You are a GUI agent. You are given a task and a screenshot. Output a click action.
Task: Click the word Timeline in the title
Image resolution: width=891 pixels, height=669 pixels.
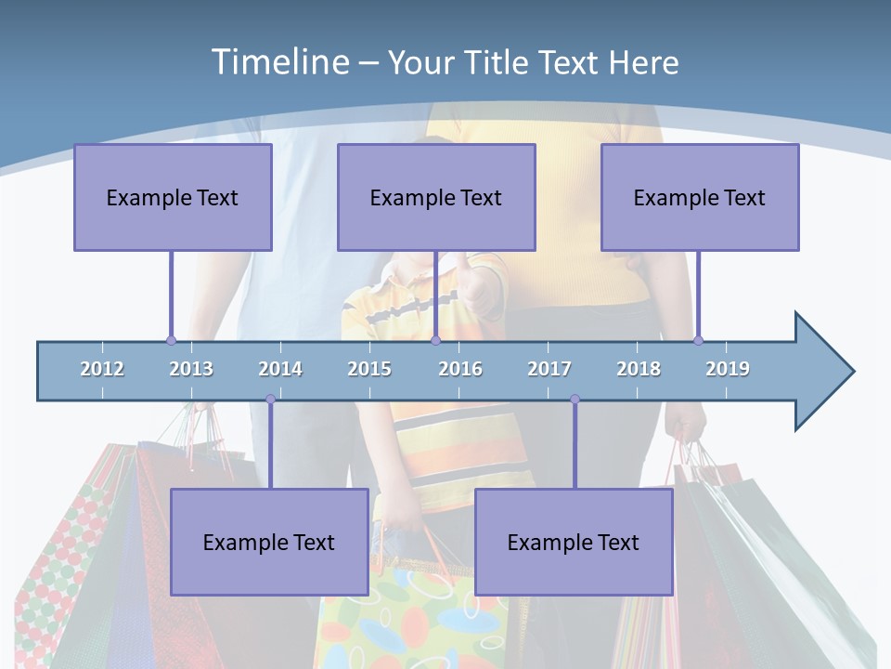278,62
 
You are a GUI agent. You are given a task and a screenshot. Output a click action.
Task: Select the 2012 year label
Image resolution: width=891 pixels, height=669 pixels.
102,369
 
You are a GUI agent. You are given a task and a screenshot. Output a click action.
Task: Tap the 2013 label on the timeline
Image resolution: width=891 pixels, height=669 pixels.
191,369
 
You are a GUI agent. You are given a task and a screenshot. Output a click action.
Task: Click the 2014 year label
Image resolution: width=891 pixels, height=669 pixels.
280,369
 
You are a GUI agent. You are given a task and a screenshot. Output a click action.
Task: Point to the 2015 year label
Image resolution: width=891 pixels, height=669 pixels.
369,369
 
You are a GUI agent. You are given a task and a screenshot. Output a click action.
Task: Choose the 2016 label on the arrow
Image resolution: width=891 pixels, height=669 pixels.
460,369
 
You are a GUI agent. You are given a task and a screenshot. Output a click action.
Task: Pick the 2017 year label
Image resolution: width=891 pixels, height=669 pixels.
549,369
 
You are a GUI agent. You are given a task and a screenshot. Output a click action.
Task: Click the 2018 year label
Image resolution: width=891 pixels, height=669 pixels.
639,369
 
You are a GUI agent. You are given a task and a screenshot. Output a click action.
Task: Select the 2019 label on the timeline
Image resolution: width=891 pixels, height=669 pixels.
728,369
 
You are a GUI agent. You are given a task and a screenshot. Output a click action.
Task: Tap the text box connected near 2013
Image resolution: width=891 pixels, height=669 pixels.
173,197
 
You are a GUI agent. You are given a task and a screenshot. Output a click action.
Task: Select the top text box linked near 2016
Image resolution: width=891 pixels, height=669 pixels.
436,197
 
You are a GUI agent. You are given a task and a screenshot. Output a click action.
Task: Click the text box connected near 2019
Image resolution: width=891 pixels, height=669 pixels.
700,197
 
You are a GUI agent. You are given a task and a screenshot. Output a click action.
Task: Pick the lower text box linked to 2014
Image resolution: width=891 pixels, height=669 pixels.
269,542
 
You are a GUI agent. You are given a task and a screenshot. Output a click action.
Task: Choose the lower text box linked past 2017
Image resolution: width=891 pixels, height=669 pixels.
574,542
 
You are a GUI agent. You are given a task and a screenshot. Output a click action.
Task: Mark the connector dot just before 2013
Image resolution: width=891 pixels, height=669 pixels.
171,340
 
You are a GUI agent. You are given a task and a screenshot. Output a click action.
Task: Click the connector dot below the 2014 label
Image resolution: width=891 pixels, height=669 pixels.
270,400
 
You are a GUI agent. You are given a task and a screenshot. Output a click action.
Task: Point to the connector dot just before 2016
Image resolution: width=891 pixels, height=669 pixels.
435,340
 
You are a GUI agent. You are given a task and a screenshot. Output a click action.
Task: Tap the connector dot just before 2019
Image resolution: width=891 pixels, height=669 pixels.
698,340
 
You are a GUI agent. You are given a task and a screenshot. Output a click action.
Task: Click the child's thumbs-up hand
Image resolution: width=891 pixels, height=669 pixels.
477,283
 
